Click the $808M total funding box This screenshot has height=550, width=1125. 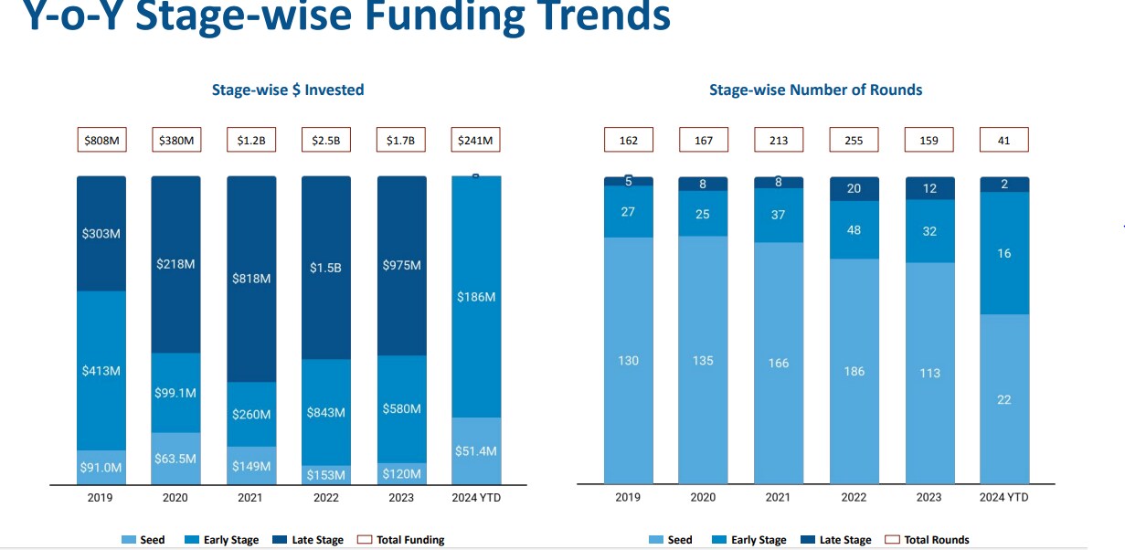point(101,141)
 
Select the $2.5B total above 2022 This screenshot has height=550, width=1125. point(326,141)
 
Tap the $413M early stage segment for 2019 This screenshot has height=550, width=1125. point(101,371)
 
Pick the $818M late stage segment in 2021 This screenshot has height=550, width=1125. point(251,279)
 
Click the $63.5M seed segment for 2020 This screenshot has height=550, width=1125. point(175,458)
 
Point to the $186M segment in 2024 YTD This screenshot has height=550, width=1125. point(476,297)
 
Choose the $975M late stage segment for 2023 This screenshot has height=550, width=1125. point(401,266)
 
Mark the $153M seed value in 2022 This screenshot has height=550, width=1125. point(326,475)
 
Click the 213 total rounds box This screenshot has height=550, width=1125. point(778,141)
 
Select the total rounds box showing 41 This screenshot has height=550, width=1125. point(1003,141)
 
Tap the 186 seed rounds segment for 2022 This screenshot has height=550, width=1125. point(854,371)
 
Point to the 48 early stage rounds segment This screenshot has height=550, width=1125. point(854,230)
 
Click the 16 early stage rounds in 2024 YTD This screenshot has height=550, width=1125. point(1003,253)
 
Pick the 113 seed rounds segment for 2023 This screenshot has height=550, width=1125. point(929,373)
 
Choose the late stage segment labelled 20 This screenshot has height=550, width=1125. point(854,189)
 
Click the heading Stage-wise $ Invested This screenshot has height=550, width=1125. point(288,90)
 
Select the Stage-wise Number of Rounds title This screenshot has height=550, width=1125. point(815,90)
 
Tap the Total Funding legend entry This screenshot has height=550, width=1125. point(401,540)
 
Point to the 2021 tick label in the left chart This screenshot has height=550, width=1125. point(250,498)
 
